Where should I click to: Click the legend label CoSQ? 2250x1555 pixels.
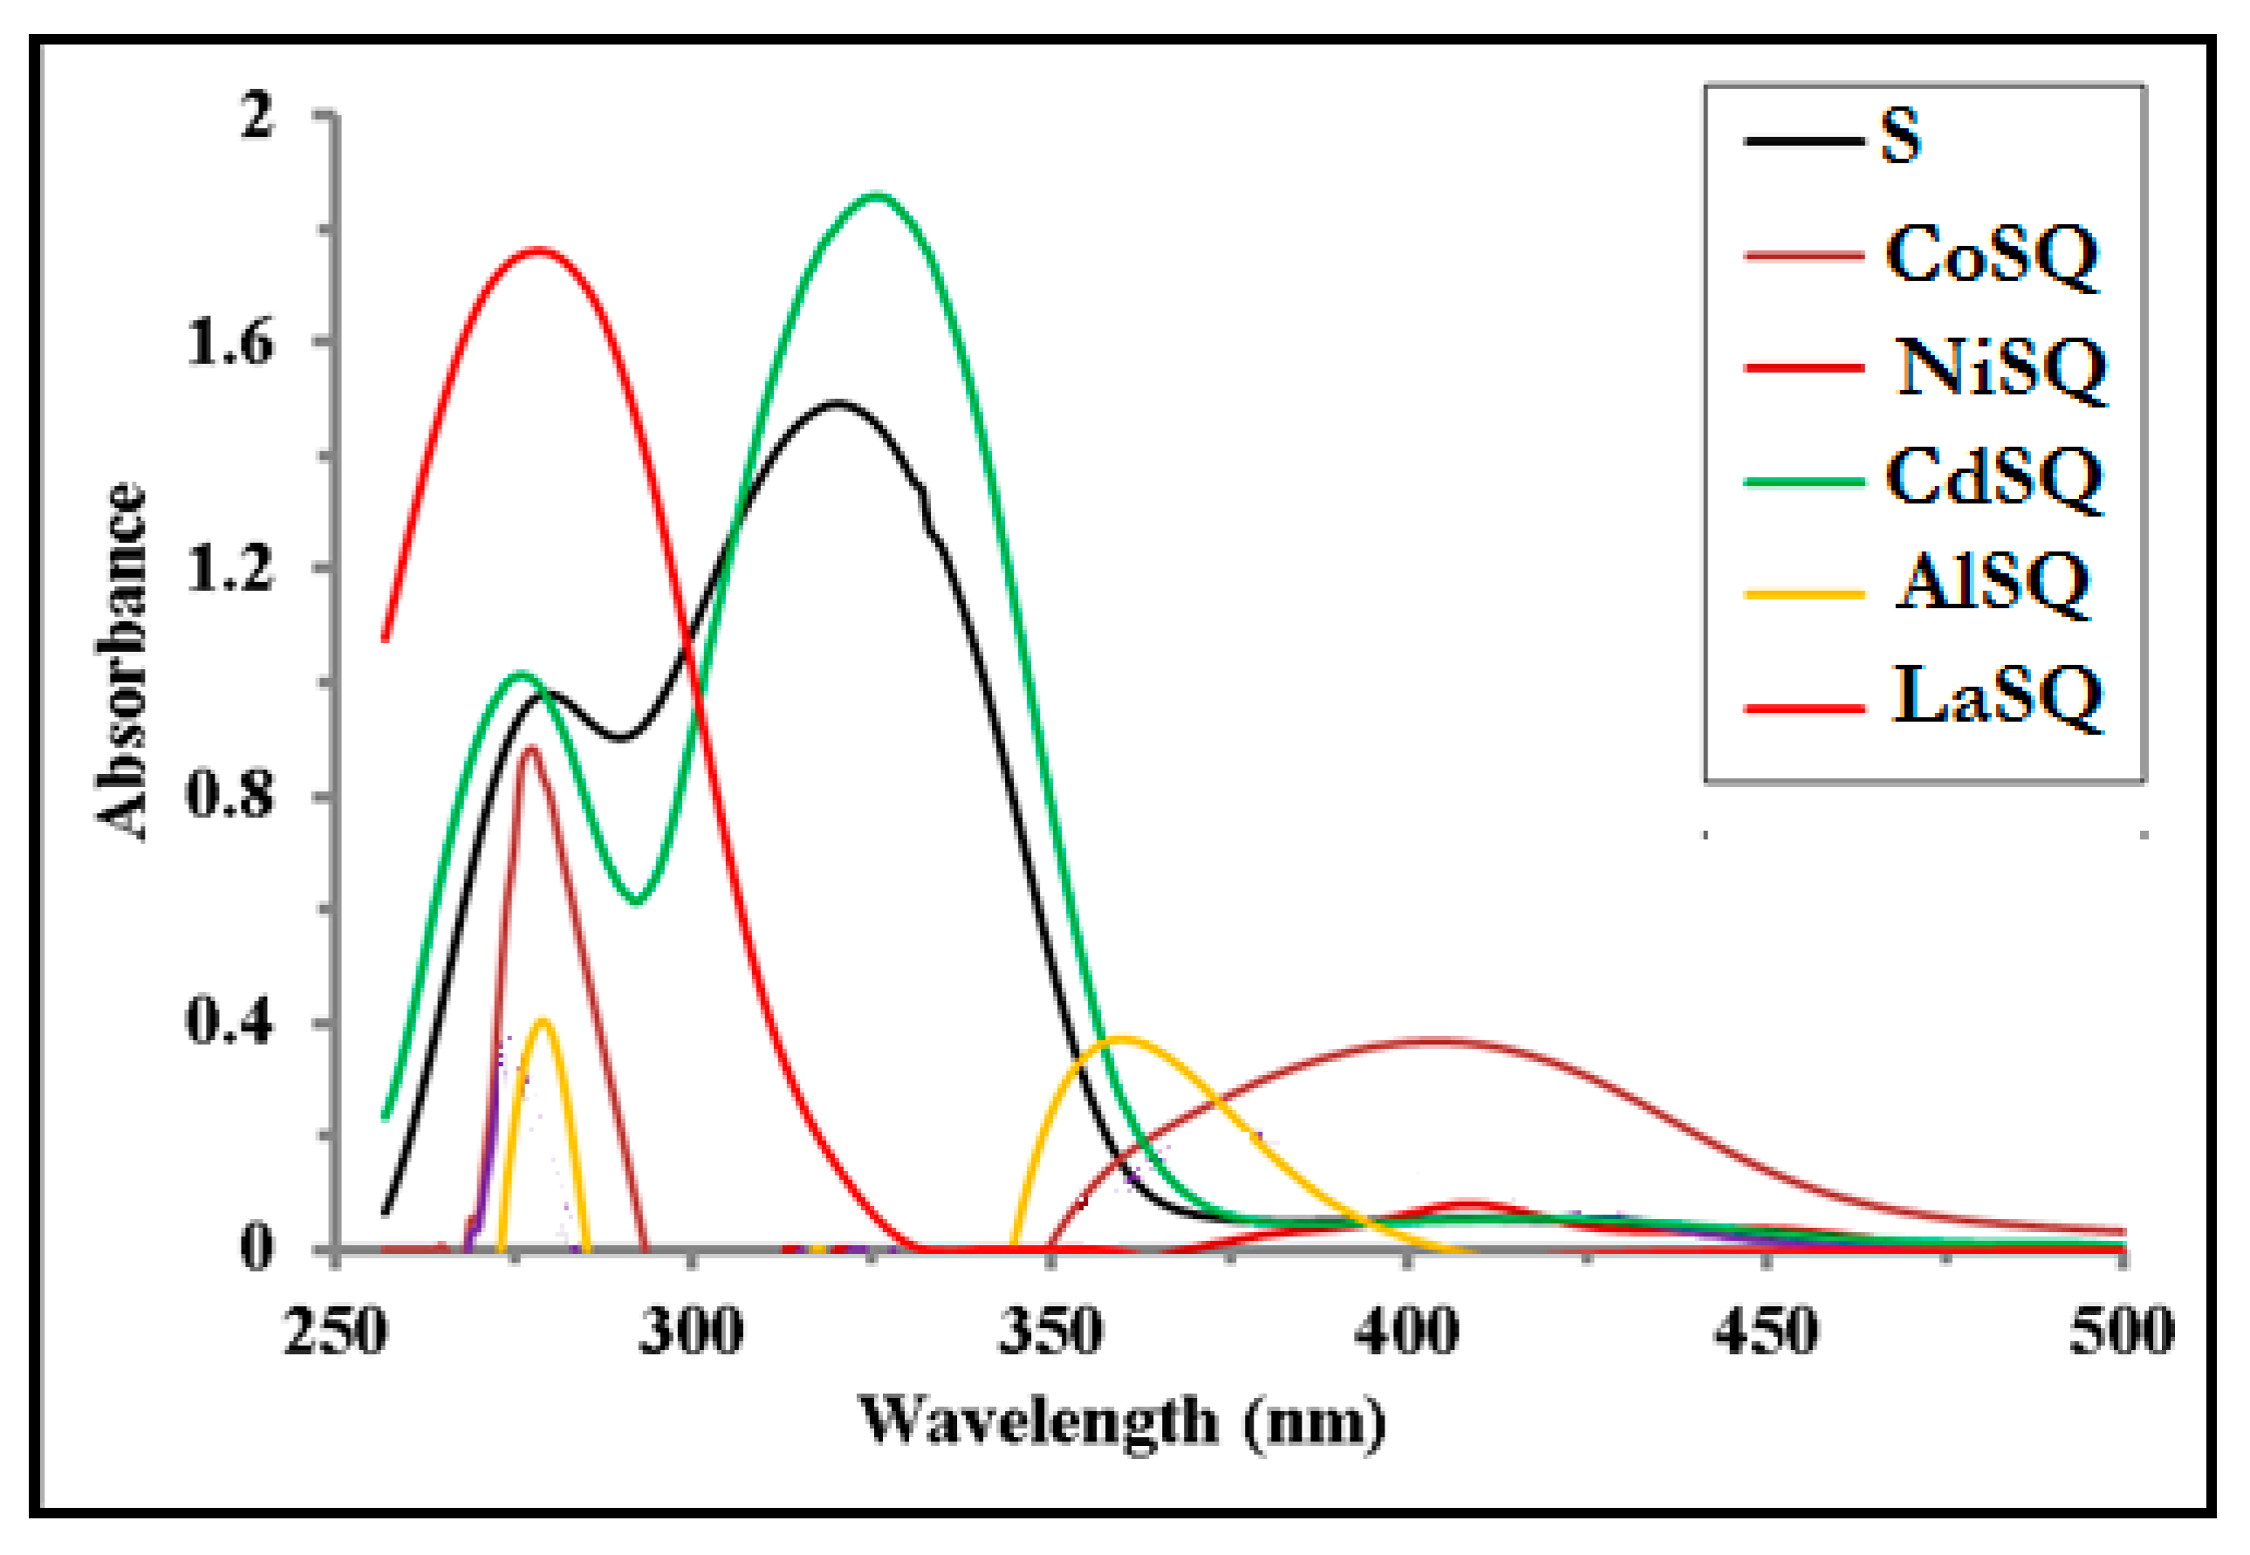[1991, 256]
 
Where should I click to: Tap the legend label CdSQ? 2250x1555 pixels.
[1993, 478]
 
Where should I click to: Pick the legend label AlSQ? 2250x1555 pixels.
[1991, 585]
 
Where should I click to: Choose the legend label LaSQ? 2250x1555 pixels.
[1997, 695]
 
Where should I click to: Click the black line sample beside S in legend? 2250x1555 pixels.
[1799, 142]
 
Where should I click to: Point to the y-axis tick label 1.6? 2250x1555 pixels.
[229, 343]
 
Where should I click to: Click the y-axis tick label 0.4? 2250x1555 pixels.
[228, 1022]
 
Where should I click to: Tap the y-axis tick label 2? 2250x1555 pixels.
[258, 117]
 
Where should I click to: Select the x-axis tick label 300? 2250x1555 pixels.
[691, 1332]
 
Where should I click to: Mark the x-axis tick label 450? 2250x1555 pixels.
[1765, 1332]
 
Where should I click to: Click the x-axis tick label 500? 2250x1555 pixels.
[2122, 1332]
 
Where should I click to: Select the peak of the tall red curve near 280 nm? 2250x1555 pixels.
[538, 250]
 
